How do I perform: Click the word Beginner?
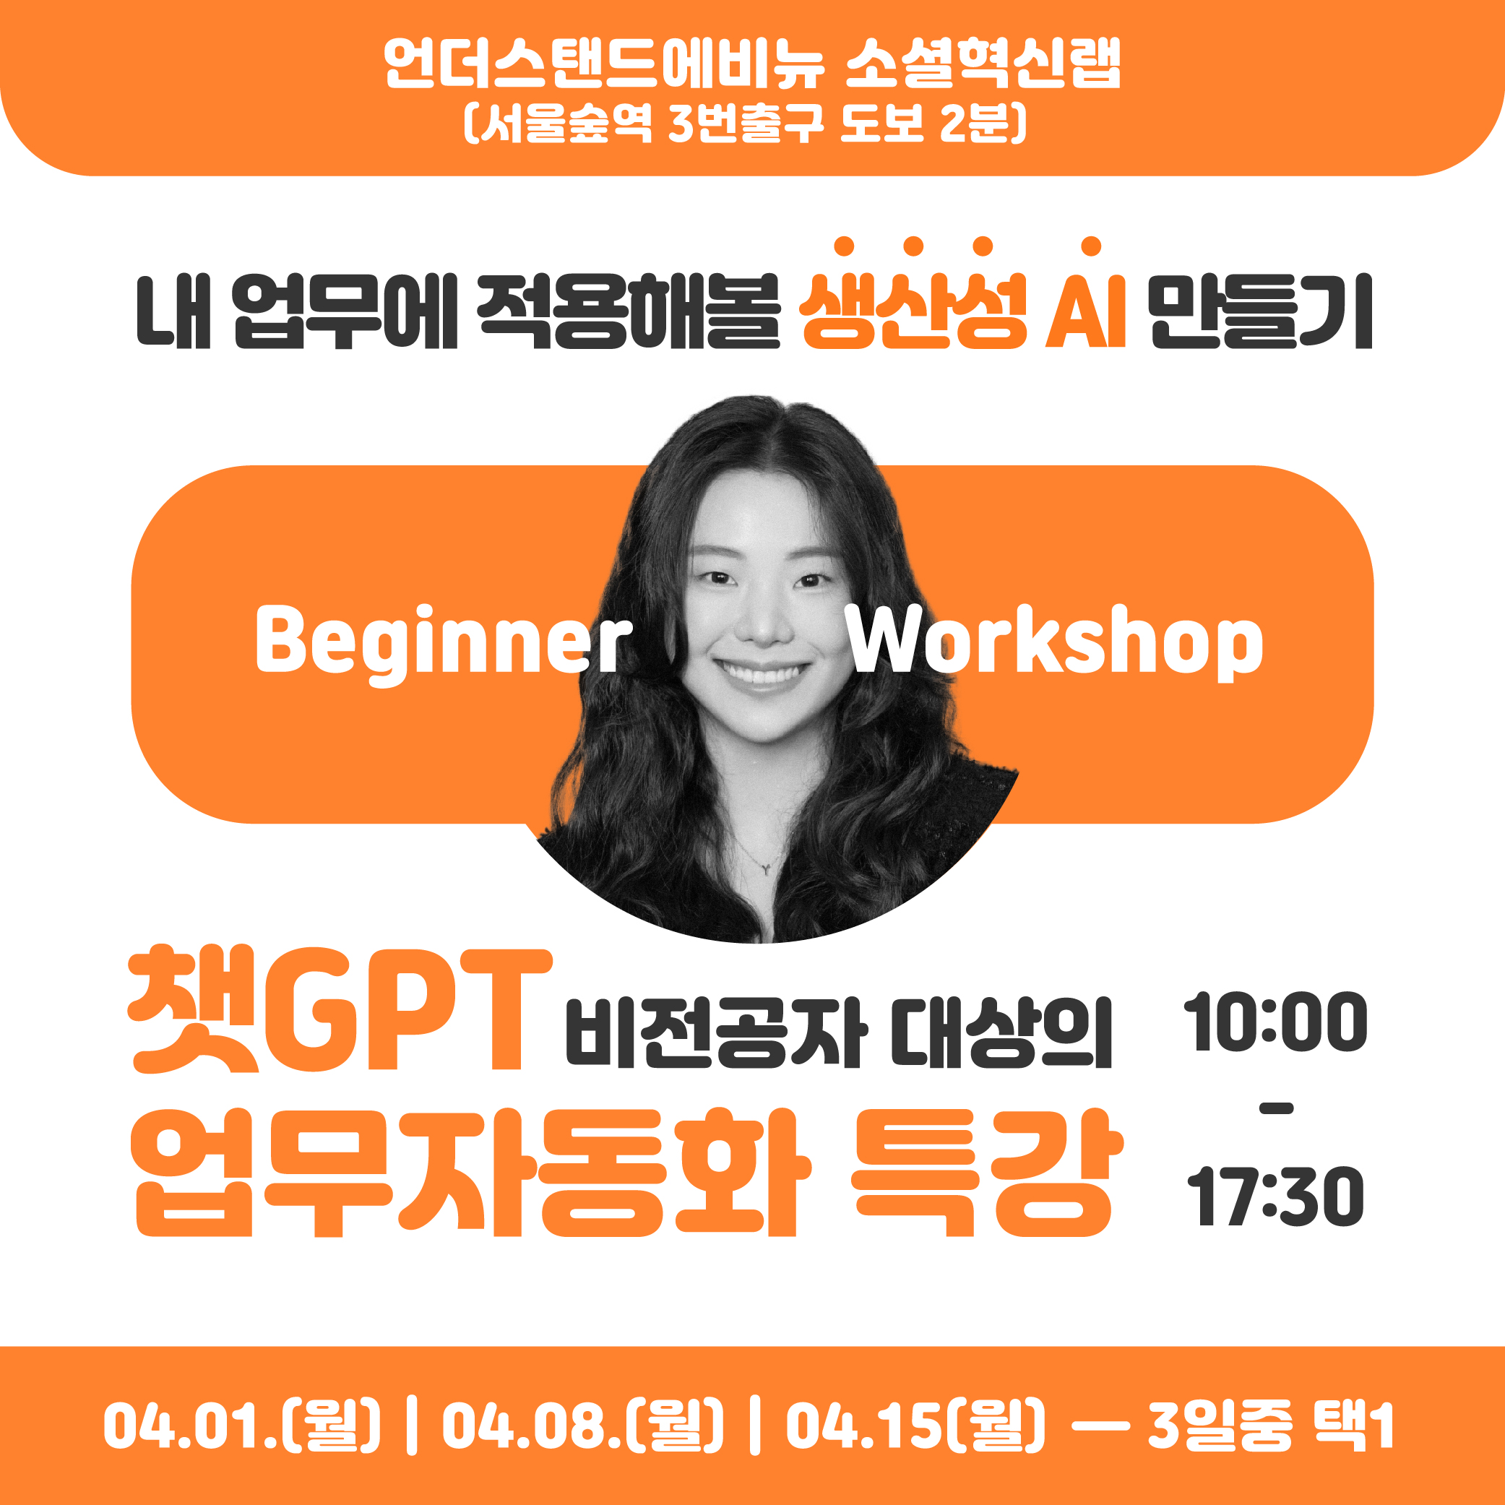(443, 644)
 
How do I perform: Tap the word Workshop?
(1056, 640)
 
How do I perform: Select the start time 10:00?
(1275, 1022)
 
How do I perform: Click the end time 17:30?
(1275, 1196)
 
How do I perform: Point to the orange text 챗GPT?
(340, 1010)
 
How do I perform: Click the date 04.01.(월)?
(242, 1426)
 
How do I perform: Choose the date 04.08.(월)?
(582, 1426)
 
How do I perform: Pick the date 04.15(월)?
(916, 1426)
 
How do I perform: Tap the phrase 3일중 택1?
(1270, 1426)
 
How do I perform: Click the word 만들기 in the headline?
(1260, 311)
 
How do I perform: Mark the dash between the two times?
(1276, 1109)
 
